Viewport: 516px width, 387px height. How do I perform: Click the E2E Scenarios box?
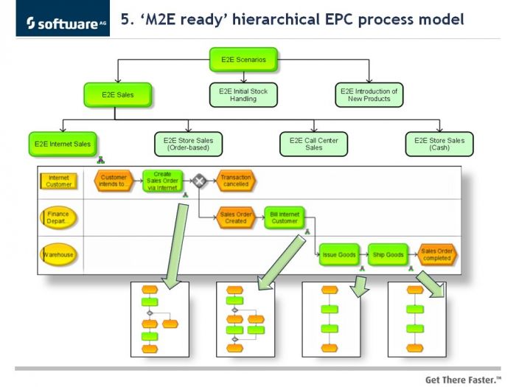click(x=243, y=60)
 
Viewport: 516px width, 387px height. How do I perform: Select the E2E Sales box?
click(x=118, y=95)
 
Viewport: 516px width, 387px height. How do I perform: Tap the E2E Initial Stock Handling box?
click(x=243, y=95)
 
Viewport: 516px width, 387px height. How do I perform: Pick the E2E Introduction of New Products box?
click(x=369, y=95)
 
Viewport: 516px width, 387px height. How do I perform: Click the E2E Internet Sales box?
click(x=63, y=144)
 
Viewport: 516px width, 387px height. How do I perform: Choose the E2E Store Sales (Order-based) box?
click(x=188, y=144)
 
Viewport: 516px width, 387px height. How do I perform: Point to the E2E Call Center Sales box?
click(x=313, y=144)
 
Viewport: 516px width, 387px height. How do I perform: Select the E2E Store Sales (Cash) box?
click(x=439, y=144)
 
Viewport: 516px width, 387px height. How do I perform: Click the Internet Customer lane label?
click(x=58, y=181)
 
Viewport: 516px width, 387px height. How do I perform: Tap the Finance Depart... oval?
click(x=58, y=217)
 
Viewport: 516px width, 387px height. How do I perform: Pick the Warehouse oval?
click(x=58, y=254)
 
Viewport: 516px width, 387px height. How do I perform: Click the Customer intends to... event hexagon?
click(x=114, y=181)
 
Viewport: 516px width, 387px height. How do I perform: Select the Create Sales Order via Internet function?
click(x=163, y=181)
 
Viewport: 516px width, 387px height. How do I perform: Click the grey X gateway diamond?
click(x=199, y=181)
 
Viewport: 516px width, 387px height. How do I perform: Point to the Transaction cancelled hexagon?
click(x=236, y=181)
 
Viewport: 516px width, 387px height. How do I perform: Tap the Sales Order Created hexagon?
click(x=236, y=217)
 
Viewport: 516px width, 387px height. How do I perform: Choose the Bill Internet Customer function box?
click(x=285, y=217)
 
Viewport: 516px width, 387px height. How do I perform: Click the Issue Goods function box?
click(x=339, y=254)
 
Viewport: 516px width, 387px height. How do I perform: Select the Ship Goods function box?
click(x=388, y=254)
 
